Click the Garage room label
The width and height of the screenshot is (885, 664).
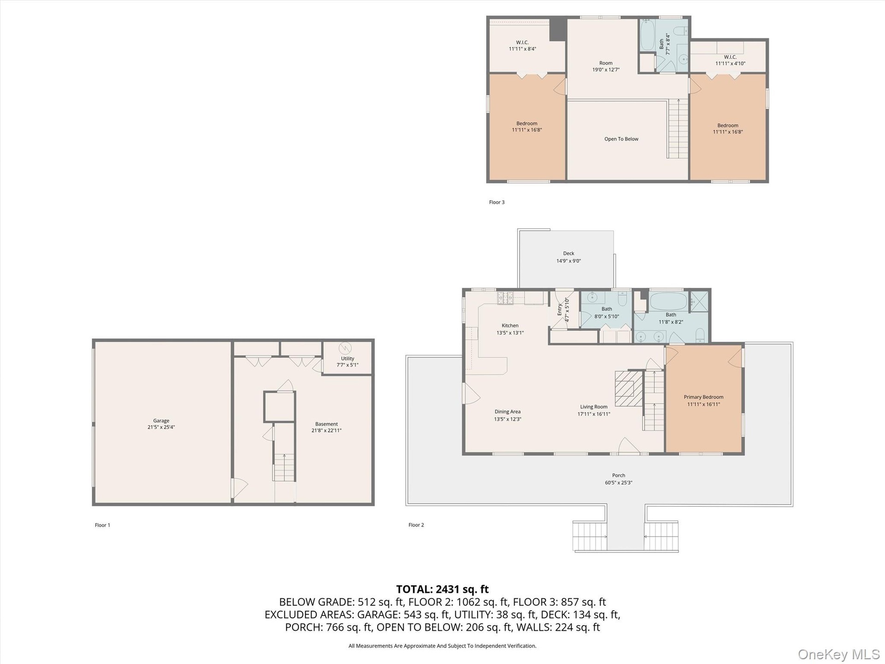coord(161,421)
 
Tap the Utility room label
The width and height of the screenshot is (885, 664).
coord(348,358)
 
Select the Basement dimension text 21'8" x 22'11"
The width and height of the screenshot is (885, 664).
coord(326,431)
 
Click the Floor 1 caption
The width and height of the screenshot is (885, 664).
coord(102,525)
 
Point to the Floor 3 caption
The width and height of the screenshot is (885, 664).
coord(497,202)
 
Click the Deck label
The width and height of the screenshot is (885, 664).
coord(569,253)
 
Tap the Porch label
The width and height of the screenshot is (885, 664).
coord(619,475)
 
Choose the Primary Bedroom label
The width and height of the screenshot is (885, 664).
coord(703,397)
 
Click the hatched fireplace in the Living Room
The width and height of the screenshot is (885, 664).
coord(629,388)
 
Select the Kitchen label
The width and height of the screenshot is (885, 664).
coord(510,326)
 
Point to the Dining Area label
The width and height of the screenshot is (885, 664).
coord(507,412)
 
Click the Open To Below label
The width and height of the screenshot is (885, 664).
coord(621,139)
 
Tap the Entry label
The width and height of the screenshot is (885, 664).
coord(560,309)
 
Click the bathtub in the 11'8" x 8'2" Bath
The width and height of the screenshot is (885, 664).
coord(668,301)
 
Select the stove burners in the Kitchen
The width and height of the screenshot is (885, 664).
coord(505,298)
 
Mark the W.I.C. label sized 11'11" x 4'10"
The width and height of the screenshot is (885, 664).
coord(730,57)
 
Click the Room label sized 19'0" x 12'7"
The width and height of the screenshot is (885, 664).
coord(606,63)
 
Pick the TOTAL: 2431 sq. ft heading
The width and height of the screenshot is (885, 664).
coord(442,589)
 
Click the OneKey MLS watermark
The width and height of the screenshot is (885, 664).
coord(839,654)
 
